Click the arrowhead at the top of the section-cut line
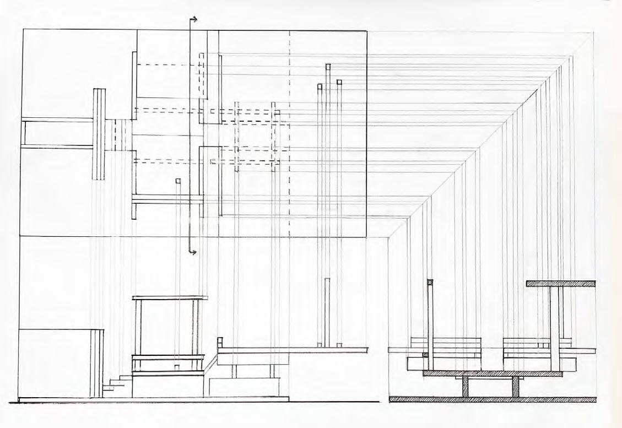point(194,20)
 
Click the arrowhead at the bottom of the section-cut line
point(194,252)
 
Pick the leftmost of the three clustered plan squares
point(320,86)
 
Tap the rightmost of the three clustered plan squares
point(339,82)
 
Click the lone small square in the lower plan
point(178,181)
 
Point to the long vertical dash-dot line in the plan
point(290,138)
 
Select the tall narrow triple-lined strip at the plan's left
point(99,134)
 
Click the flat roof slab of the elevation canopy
point(170,298)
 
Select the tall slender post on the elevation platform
point(327,312)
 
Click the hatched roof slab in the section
point(561,284)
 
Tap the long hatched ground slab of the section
point(493,399)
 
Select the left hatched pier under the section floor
point(466,387)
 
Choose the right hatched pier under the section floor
point(516,387)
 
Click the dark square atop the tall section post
point(430,283)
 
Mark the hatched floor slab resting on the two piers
point(493,373)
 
